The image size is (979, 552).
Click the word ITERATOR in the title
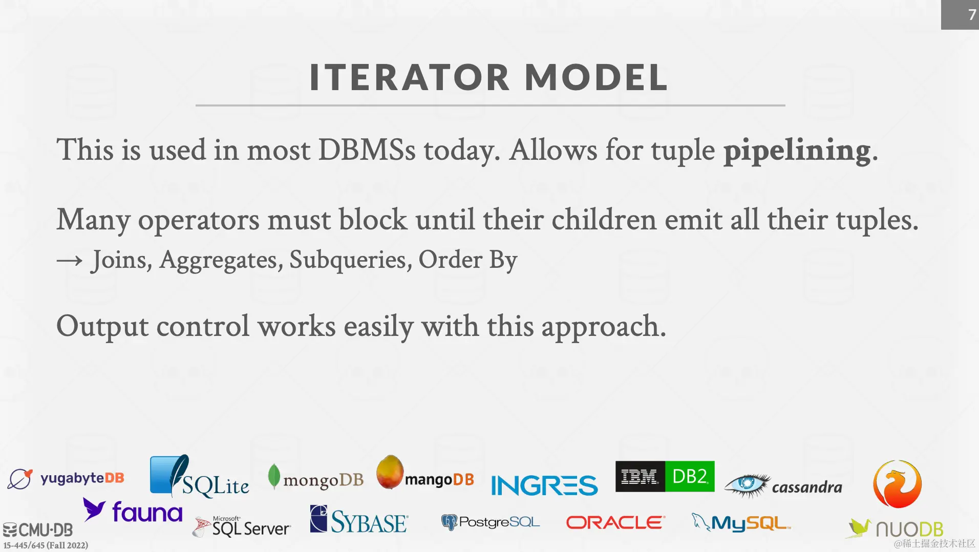tap(410, 78)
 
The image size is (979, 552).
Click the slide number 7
tap(972, 14)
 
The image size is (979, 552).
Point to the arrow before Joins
tap(70, 261)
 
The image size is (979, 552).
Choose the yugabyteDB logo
tap(66, 479)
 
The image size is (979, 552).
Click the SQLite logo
tap(200, 477)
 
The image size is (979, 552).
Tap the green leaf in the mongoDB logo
tap(274, 476)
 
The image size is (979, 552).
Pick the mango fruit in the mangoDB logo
tap(390, 472)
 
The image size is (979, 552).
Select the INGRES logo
tap(544, 485)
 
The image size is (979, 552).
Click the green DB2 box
tap(690, 476)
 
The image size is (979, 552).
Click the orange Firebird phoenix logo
tap(897, 483)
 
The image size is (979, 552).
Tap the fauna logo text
tap(147, 512)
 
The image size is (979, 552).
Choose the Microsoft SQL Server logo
tap(242, 526)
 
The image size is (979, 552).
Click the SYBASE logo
tap(359, 520)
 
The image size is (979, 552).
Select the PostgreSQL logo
tap(491, 522)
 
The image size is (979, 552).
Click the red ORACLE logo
tap(615, 522)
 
